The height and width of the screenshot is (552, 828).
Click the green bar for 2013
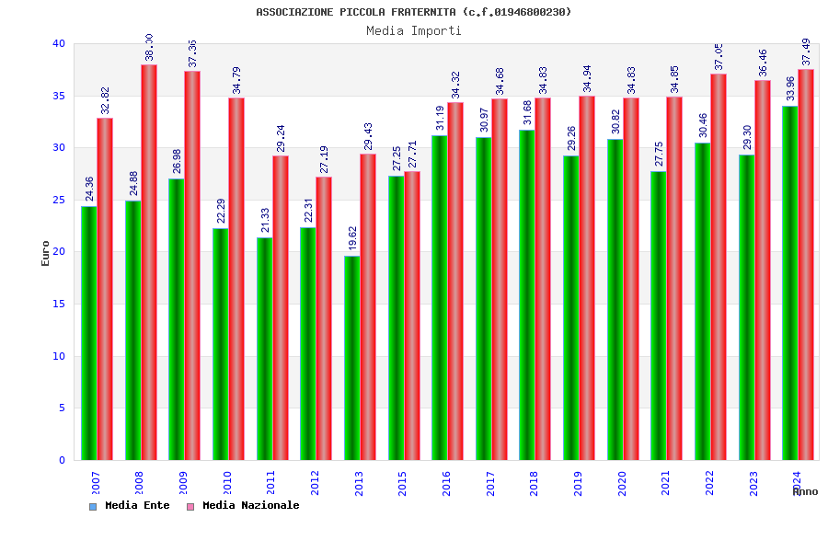coord(351,358)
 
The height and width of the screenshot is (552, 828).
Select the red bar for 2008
coord(149,262)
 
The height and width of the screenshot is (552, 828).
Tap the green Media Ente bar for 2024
coord(789,282)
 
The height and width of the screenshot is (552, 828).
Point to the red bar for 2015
coord(412,316)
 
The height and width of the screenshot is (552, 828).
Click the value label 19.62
coord(352,237)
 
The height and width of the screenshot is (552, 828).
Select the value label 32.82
coord(105,100)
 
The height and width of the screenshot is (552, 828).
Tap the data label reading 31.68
coord(527,111)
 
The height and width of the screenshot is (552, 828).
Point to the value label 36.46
coord(763,63)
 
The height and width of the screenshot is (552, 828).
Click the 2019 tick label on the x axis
coord(578,484)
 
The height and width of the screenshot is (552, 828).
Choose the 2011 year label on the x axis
coord(270,484)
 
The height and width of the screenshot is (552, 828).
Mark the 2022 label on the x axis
coord(709,484)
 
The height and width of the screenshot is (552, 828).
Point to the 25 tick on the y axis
coord(59,200)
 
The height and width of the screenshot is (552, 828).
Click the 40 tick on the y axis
coord(59,43)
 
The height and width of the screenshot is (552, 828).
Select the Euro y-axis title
coord(46,253)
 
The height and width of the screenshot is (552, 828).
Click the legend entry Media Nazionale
coord(250,505)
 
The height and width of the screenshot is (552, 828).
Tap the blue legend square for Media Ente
coord(93,506)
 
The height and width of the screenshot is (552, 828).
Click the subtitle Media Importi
coord(414,30)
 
